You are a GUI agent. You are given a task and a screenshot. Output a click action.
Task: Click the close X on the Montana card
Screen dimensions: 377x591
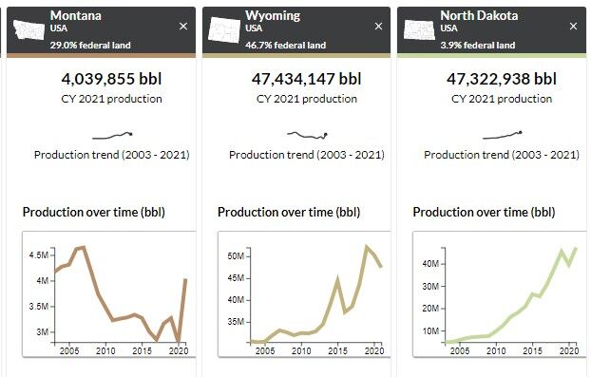pyautogui.click(x=183, y=27)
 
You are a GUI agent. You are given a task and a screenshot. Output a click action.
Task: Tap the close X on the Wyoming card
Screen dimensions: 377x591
pyautogui.click(x=378, y=27)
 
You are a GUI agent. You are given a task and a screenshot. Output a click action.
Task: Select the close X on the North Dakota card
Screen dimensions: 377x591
pyautogui.click(x=574, y=27)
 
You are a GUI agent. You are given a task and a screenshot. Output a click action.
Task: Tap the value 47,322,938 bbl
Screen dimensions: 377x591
pyautogui.click(x=502, y=78)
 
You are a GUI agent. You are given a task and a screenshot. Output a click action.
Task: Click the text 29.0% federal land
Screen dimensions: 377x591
pyautogui.click(x=89, y=45)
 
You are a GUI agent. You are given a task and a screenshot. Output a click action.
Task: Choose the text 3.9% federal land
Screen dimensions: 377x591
pyautogui.click(x=478, y=45)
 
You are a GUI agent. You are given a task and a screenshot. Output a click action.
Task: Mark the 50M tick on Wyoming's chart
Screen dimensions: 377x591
pyautogui.click(x=236, y=255)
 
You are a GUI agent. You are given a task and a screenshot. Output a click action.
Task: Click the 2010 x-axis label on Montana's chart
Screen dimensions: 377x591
pyautogui.click(x=105, y=351)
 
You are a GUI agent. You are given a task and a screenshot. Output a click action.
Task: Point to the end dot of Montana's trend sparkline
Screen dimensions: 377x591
pyautogui.click(x=130, y=133)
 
